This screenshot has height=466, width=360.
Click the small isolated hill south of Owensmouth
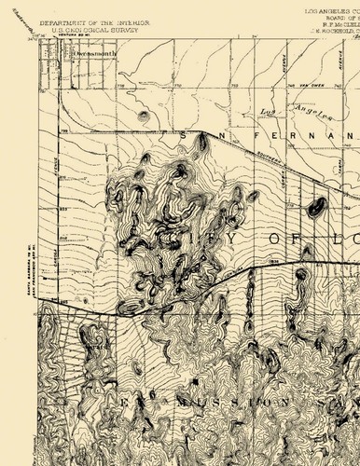[143, 117]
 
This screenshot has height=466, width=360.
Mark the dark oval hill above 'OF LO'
[316, 207]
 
